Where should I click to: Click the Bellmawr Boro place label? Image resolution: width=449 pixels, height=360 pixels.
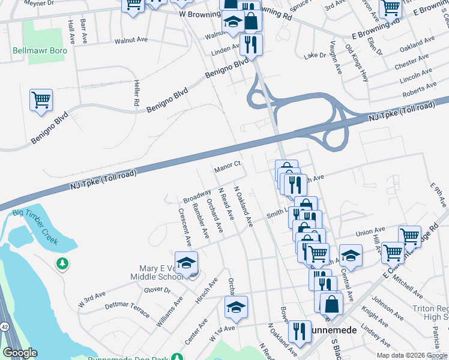40,50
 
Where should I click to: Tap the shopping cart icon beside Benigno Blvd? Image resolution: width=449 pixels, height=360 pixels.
41,100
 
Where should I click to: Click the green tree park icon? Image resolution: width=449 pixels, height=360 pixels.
62,263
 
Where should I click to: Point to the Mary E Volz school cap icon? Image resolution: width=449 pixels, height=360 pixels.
187,263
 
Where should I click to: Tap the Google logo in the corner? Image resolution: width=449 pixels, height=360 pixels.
20,353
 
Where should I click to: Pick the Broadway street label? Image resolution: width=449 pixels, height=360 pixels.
197,196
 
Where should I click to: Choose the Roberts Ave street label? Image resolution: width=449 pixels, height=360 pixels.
420,89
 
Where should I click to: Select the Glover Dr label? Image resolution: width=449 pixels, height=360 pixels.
157,290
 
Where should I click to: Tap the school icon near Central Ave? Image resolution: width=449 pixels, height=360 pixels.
351,256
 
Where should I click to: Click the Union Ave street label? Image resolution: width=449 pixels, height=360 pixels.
370,230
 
